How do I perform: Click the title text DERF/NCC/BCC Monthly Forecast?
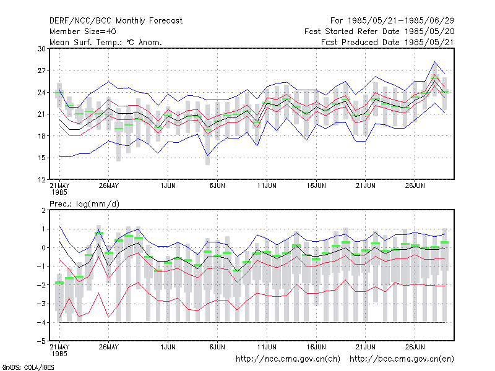[116, 21]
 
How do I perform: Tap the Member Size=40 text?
[83, 32]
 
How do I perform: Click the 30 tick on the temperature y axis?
[41, 49]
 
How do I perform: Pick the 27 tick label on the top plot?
[41, 70]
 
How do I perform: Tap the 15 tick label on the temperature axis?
[41, 158]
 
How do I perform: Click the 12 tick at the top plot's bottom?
[41, 179]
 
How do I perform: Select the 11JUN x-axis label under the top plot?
[267, 186]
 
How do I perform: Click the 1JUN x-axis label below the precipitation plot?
[168, 347]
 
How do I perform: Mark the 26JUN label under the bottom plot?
[415, 347]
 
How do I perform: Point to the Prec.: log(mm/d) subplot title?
[84, 204]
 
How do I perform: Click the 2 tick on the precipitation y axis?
[43, 210]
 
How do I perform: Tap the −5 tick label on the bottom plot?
[41, 341]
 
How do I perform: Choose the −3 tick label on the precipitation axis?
[41, 304]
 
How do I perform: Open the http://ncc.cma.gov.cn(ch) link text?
[288, 359]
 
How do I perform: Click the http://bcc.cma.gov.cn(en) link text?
[402, 359]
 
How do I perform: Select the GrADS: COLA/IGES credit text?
[28, 367]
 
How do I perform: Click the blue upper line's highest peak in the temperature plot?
[435, 62]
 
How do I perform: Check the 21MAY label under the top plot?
[59, 186]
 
